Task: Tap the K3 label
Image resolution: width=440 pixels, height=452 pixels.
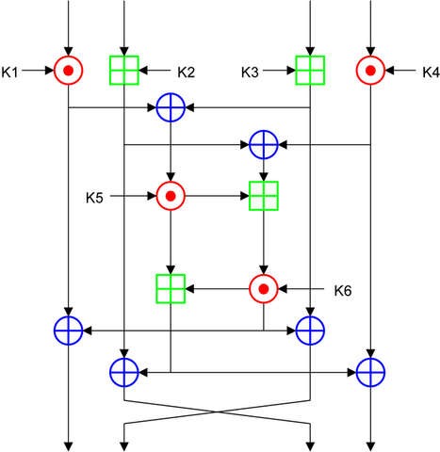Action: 252,70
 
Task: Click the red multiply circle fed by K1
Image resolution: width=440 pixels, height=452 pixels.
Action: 68,70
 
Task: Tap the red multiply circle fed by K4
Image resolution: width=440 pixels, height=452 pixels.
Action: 370,70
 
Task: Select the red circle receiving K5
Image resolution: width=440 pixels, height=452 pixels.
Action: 171,196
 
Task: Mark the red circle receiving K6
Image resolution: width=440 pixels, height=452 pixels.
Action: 264,288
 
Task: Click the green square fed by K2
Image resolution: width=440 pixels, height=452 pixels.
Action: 124,70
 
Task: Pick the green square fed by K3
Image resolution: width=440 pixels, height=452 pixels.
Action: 311,70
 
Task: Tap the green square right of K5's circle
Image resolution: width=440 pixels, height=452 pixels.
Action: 264,196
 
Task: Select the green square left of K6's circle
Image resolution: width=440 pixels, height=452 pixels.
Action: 171,288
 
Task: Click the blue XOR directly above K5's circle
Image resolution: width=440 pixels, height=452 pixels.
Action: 171,108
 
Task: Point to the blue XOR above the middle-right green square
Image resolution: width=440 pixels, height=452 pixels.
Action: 264,144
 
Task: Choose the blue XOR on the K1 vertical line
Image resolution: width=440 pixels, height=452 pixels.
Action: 68,331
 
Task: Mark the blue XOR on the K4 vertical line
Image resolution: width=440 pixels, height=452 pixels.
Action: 370,372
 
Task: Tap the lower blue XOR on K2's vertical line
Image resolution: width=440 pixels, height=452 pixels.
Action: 124,372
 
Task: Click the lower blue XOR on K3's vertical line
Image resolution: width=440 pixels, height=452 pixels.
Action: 311,331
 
